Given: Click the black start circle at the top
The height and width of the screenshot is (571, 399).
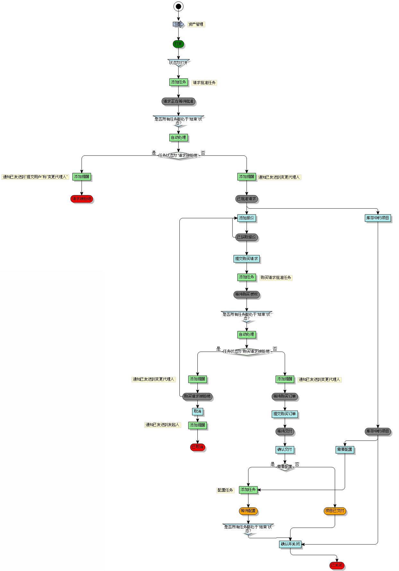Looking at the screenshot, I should click(x=178, y=6).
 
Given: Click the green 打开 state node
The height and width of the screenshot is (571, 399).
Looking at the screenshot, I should click(x=178, y=44).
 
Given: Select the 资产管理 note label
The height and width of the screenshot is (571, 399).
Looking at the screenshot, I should click(x=196, y=24).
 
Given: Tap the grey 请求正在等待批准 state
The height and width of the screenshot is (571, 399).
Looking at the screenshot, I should click(x=178, y=101).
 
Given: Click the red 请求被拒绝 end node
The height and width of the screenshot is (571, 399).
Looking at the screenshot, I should click(x=82, y=199).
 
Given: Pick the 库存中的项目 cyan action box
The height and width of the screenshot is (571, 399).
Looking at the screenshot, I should click(x=378, y=218).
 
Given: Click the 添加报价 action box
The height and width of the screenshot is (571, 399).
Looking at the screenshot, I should click(x=247, y=218).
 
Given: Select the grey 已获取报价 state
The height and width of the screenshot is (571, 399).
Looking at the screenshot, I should click(x=247, y=237).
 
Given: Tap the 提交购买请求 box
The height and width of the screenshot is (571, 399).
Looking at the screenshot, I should click(x=247, y=259).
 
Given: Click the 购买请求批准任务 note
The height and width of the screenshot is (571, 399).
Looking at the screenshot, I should click(x=276, y=278).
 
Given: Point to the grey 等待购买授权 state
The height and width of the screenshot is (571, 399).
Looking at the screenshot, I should click(x=247, y=294).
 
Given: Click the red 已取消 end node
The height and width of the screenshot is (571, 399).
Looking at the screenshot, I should click(x=197, y=447).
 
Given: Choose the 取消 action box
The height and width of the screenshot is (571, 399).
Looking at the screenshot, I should click(x=197, y=411).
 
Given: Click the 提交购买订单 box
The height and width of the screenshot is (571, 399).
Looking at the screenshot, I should click(x=285, y=414).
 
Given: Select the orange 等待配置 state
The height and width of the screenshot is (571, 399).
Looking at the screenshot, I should click(x=248, y=511).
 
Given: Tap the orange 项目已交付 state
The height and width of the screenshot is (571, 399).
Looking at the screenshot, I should click(x=335, y=511).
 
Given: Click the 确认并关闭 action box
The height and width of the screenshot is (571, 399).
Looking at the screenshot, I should click(x=290, y=544).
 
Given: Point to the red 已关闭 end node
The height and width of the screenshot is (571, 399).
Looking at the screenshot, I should click(x=337, y=565).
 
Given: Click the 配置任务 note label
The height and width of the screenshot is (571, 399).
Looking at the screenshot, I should click(x=225, y=490).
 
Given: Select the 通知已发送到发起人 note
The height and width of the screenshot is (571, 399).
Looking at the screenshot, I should click(x=162, y=425).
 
